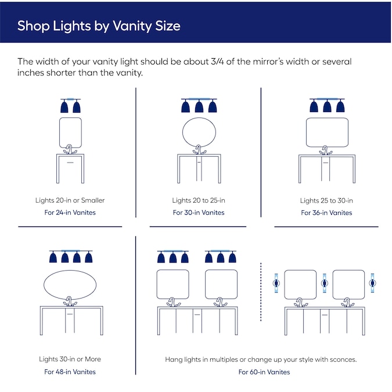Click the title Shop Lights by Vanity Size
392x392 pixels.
[x=99, y=26]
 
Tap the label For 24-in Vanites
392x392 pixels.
[x=70, y=213]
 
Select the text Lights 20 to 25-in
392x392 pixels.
[x=199, y=200]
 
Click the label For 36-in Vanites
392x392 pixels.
[x=326, y=213]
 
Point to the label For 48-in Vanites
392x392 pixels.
[x=70, y=372]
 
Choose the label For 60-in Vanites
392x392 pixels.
[x=264, y=372]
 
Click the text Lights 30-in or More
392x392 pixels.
[x=70, y=359]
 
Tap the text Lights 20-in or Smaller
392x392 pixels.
[x=70, y=200]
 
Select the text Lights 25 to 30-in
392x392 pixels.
[x=326, y=200]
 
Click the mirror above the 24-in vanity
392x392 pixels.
[x=70, y=132]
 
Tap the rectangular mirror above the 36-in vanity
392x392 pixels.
[x=327, y=132]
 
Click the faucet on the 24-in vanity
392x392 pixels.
[x=70, y=150]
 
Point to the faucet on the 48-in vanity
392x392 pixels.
[x=70, y=302]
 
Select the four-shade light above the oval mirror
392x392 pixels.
[x=70, y=257]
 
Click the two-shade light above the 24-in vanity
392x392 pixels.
[x=70, y=106]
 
